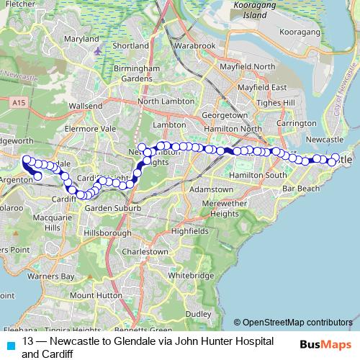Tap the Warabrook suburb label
tap(194, 45)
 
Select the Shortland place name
tap(131, 45)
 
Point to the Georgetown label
tap(220, 114)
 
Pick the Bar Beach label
tap(301, 188)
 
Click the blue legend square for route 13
tap(9, 346)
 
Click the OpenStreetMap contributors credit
tap(293, 323)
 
